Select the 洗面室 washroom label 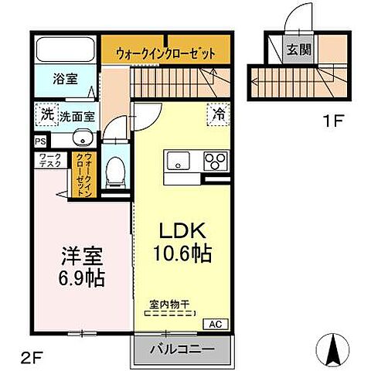(x=78, y=116)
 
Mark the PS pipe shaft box (x=40, y=142)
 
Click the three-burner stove (x=214, y=160)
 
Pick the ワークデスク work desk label (x=49, y=162)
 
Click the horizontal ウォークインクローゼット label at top (x=165, y=53)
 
